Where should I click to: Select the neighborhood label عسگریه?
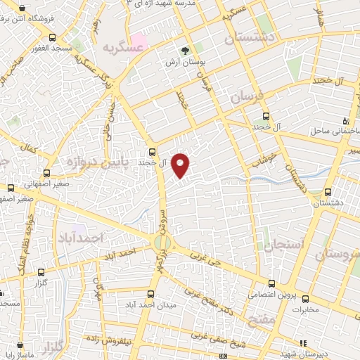click(119, 46)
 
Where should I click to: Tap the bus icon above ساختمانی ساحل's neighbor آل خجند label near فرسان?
click(265, 117)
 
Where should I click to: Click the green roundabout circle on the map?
click(160, 243)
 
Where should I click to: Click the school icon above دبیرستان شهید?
click(302, 343)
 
